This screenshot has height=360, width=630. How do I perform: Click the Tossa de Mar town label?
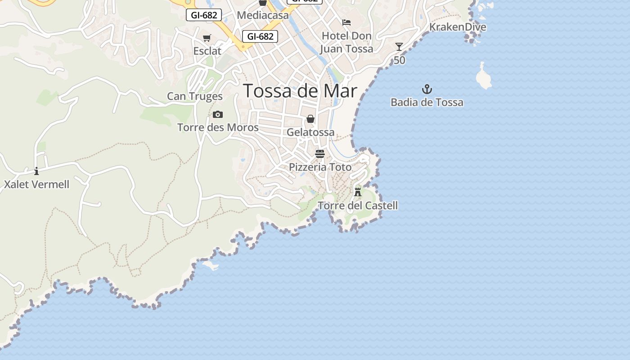coord(300,91)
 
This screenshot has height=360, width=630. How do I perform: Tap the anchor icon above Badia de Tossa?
coord(427,89)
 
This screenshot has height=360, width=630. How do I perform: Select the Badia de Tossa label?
coord(427,103)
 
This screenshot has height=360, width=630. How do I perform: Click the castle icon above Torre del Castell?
coord(358,192)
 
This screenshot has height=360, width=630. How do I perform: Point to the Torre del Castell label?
coord(358,206)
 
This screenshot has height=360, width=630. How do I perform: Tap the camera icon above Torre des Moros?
coord(218,114)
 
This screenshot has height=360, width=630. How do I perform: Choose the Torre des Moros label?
coord(218,128)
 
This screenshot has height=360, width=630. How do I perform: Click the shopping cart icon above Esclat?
coord(207,38)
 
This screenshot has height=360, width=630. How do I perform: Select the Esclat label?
coord(207,51)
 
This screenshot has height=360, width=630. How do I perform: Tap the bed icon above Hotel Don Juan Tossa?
coord(346,22)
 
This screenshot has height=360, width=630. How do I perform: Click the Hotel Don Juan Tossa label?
coord(346,42)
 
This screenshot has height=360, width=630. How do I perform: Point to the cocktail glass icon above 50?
coord(399,47)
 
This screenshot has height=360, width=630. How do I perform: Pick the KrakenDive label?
coord(458,27)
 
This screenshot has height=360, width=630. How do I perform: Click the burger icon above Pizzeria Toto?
coord(320,154)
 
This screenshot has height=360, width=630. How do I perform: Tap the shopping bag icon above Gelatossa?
coord(310,119)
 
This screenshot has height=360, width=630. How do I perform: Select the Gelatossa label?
coord(310,132)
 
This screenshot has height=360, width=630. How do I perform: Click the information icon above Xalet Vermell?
coord(36,171)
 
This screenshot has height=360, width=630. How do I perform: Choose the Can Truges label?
coord(195,96)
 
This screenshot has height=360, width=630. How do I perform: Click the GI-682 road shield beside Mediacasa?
coord(204,15)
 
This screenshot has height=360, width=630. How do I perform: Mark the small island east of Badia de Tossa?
coord(483,76)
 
